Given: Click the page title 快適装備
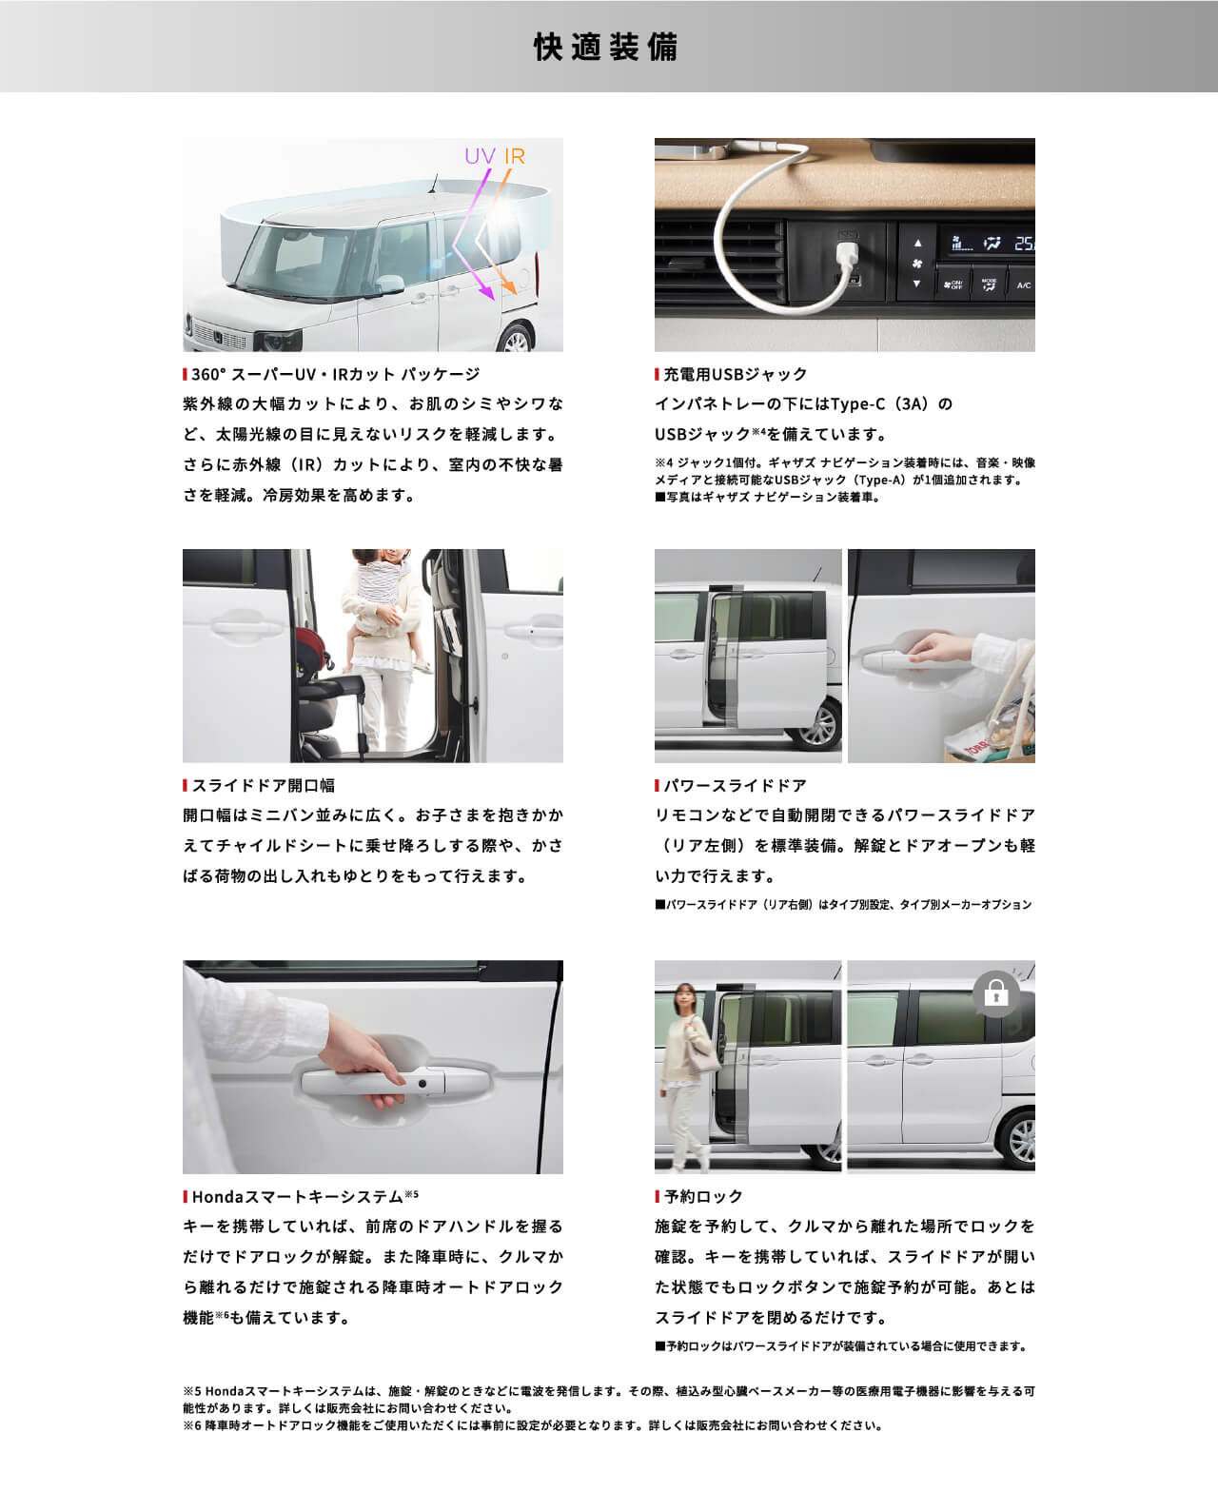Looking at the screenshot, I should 606,47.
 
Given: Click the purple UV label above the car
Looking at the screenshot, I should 481,156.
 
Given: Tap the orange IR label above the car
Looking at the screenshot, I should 515,156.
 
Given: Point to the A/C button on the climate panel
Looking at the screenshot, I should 1023,285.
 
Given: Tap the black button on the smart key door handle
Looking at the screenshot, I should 421,1084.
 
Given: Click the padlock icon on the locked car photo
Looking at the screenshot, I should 996,994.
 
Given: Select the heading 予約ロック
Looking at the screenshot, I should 703,1196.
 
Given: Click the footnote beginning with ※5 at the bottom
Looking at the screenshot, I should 608,1399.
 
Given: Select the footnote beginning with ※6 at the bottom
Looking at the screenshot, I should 533,1425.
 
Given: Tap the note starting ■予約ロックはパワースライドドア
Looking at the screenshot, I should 841,1346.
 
